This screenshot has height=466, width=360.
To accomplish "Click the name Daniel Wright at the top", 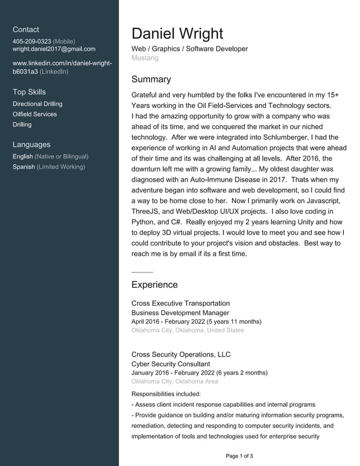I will (x=177, y=33).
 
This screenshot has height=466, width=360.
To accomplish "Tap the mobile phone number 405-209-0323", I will (x=32, y=41).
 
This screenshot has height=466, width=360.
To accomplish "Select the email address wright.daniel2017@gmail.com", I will (x=54, y=49).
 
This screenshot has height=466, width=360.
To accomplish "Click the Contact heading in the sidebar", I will (x=26, y=29).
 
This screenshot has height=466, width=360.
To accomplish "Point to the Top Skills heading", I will (x=29, y=92).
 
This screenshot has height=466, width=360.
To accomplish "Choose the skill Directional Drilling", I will (x=37, y=104).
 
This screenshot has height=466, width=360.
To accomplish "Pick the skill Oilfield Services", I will (x=34, y=114).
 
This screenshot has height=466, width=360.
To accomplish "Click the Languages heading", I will (x=32, y=144).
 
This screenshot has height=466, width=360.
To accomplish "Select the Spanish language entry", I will (x=24, y=166).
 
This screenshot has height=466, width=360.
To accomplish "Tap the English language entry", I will (x=23, y=156).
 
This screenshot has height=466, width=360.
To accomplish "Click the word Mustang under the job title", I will (x=145, y=58).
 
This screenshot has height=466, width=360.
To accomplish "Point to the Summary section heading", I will (x=151, y=80).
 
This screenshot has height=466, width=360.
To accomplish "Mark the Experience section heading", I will (x=155, y=285).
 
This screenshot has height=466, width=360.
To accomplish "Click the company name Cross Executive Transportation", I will (x=181, y=304).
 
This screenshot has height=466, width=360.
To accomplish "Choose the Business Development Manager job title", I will (x=180, y=313).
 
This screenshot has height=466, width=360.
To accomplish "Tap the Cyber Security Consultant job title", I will (x=170, y=364).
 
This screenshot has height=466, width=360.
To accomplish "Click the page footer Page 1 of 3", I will (x=239, y=456).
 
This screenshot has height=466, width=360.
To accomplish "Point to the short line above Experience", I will (x=142, y=272).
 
